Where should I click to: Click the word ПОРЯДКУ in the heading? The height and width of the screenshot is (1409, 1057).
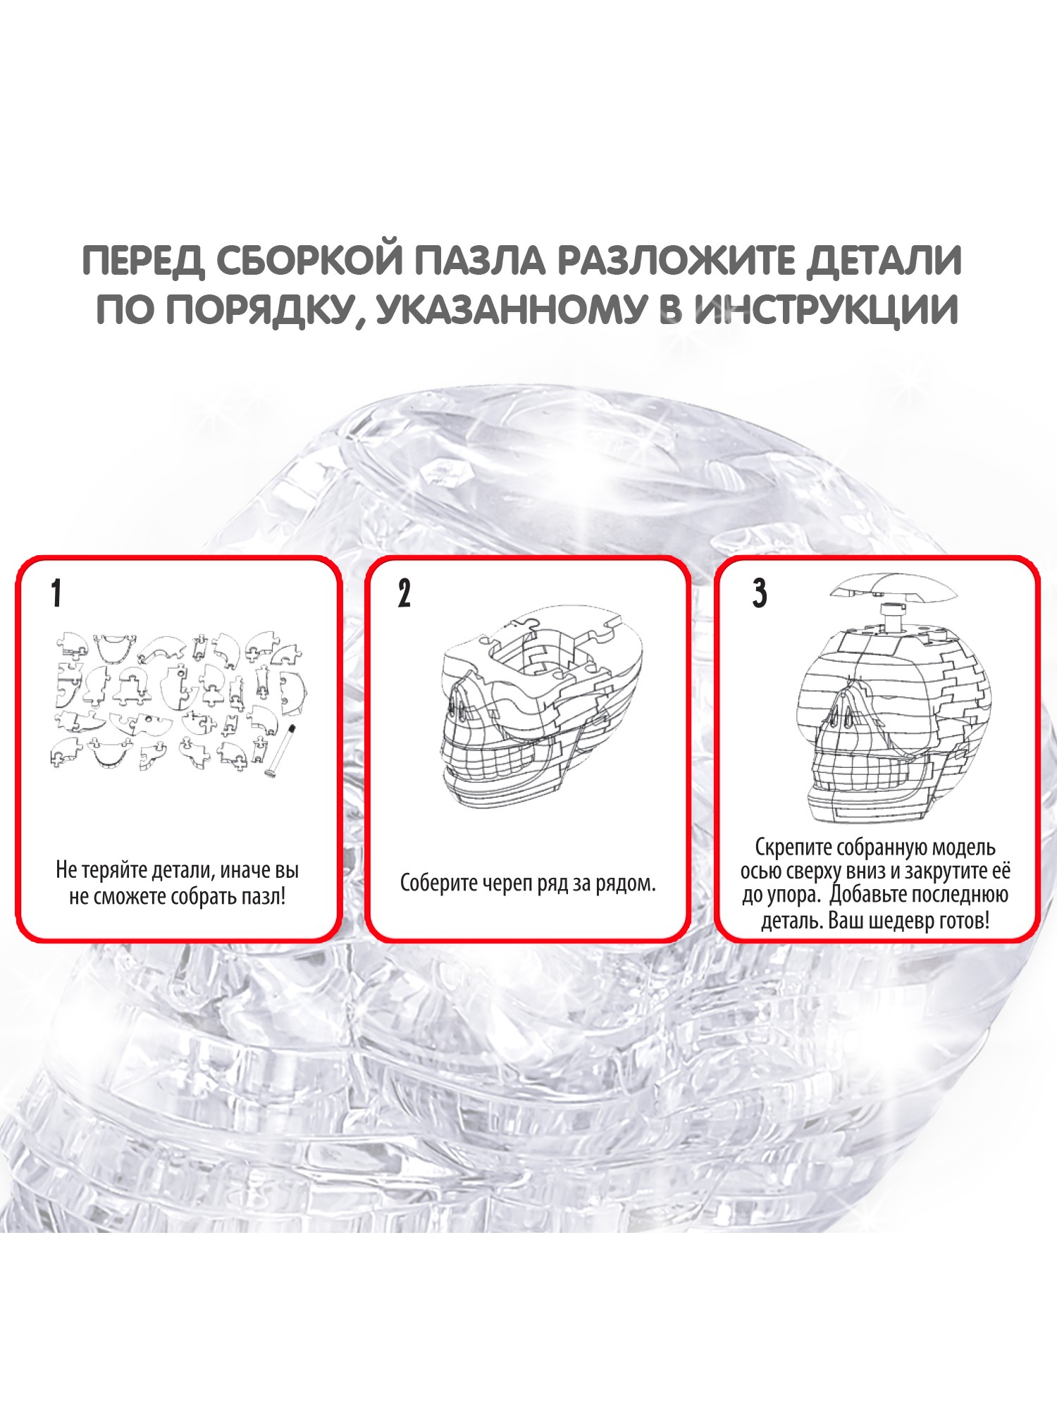pyautogui.click(x=259, y=311)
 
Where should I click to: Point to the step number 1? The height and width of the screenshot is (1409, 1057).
pyautogui.click(x=56, y=593)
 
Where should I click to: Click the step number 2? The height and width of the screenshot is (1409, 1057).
pyautogui.click(x=404, y=593)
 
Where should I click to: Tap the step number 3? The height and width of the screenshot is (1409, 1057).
pyautogui.click(x=759, y=593)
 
